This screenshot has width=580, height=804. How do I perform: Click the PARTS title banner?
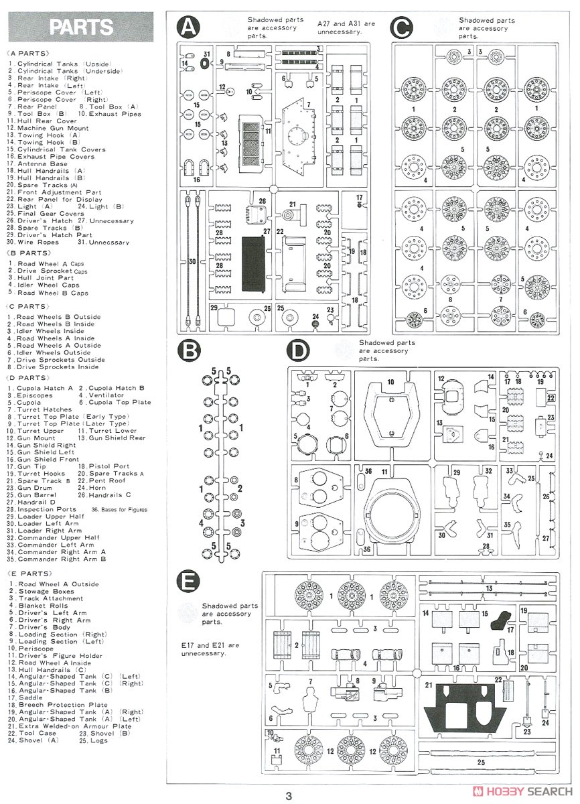(81, 27)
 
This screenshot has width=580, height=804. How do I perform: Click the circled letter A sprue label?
(189, 27)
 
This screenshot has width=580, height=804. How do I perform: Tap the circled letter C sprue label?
(401, 27)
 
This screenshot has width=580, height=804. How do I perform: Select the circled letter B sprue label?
(189, 350)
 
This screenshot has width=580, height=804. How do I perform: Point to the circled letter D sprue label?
(299, 350)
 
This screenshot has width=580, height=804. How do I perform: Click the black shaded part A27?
(254, 263)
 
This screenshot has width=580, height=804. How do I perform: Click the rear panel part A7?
(299, 137)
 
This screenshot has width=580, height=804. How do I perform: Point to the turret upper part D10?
(392, 415)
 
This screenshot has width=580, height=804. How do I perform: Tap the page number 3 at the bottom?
(289, 797)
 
